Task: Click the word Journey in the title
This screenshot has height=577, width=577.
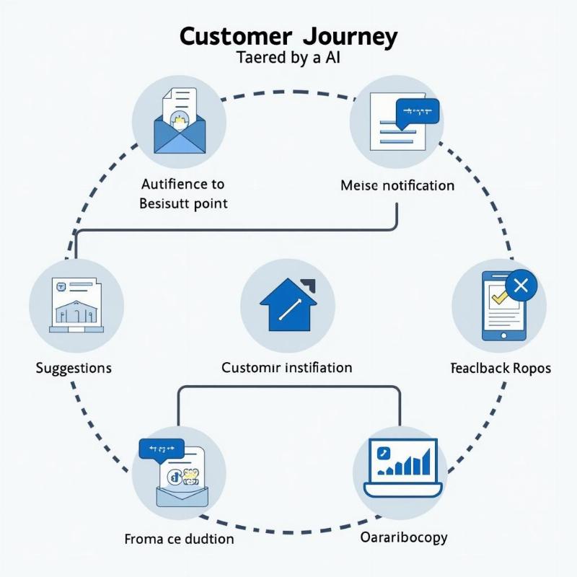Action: (x=351, y=37)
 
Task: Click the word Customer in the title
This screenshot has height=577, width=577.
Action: (x=236, y=37)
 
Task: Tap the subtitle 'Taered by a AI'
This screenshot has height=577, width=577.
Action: (x=288, y=59)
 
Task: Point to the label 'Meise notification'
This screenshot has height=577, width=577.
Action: (x=397, y=185)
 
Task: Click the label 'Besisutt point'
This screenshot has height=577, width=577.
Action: (x=183, y=203)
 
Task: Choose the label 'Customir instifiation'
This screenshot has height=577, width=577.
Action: (x=286, y=368)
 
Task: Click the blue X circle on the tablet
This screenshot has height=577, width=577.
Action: (x=521, y=286)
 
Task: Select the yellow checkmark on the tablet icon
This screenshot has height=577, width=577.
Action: (x=498, y=296)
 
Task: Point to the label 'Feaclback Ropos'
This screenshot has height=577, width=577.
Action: (x=501, y=368)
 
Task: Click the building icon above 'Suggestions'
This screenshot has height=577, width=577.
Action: (x=76, y=305)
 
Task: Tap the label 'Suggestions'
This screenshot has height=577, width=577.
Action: (x=74, y=368)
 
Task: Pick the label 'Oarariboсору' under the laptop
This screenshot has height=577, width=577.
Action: (x=403, y=537)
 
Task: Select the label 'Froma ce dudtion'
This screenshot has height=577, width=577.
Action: (x=179, y=539)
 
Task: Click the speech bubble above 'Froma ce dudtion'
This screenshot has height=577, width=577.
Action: (x=161, y=450)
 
